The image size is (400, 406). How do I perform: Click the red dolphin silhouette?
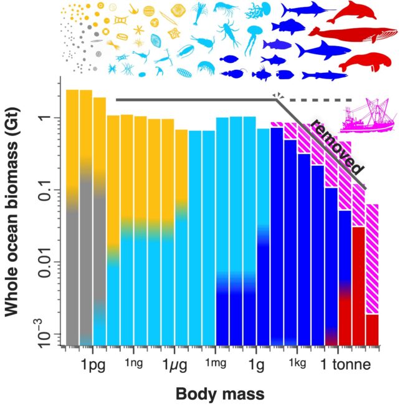tap(358, 12)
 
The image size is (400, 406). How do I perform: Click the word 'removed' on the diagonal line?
tap(336, 147)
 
